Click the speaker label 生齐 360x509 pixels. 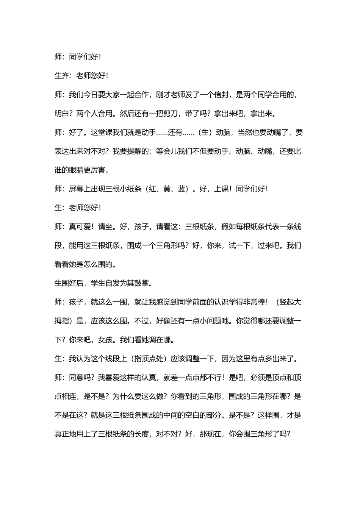[62, 76]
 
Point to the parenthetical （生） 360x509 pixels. [205, 133]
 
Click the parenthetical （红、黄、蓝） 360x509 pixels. [167, 189]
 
